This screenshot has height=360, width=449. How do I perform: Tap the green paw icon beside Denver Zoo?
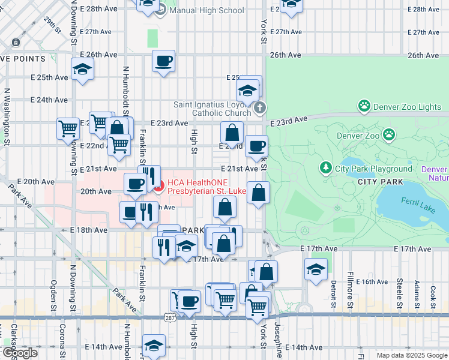click(390, 135)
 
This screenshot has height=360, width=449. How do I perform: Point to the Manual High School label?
click(206, 10)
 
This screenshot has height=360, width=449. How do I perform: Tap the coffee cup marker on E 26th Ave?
click(163, 61)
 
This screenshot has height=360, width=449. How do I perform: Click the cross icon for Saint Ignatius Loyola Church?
click(259, 108)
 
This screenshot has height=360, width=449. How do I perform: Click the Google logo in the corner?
click(20, 353)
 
